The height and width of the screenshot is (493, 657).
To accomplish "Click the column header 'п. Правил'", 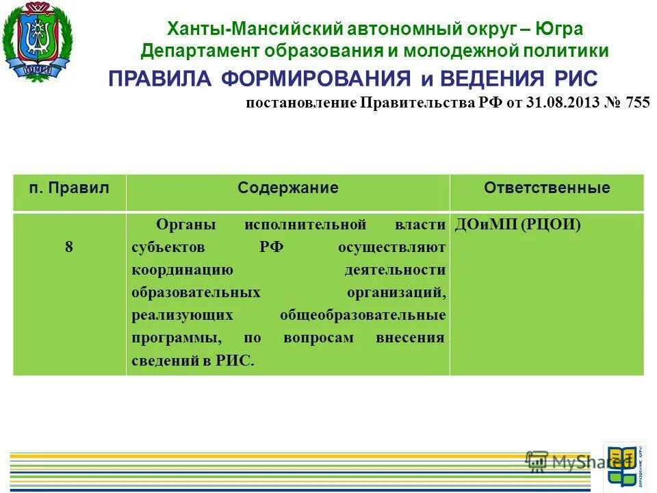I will click(x=69, y=188).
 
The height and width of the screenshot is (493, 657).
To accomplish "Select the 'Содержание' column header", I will click(x=288, y=188).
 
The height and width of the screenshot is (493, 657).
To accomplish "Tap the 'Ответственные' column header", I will click(x=547, y=188).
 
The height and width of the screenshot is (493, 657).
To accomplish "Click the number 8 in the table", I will click(x=69, y=247).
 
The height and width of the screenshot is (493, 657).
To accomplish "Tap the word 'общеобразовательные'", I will click(x=363, y=315).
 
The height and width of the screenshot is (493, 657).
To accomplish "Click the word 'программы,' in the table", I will click(x=176, y=338).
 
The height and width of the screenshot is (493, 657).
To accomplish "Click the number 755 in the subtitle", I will click(x=636, y=103).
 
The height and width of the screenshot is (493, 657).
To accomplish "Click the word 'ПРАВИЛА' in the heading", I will click(x=161, y=78).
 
